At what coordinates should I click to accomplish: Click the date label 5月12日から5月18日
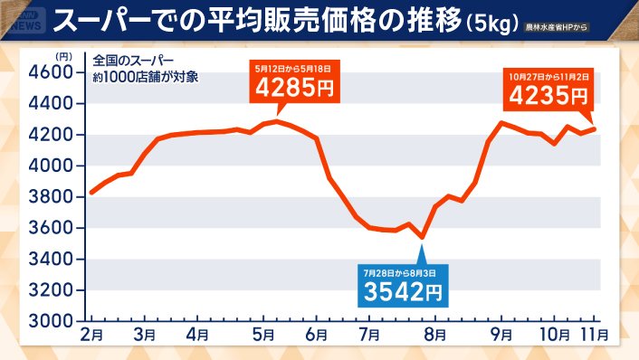(x=295, y=67)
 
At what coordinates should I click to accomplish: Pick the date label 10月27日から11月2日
(x=549, y=74)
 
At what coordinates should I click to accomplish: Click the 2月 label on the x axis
(x=91, y=335)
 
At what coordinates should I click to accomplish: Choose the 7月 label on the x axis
(x=369, y=335)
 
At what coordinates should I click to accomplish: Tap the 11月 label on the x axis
(x=595, y=335)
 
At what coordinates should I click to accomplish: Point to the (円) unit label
(x=63, y=56)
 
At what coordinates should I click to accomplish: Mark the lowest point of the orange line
(x=422, y=238)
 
